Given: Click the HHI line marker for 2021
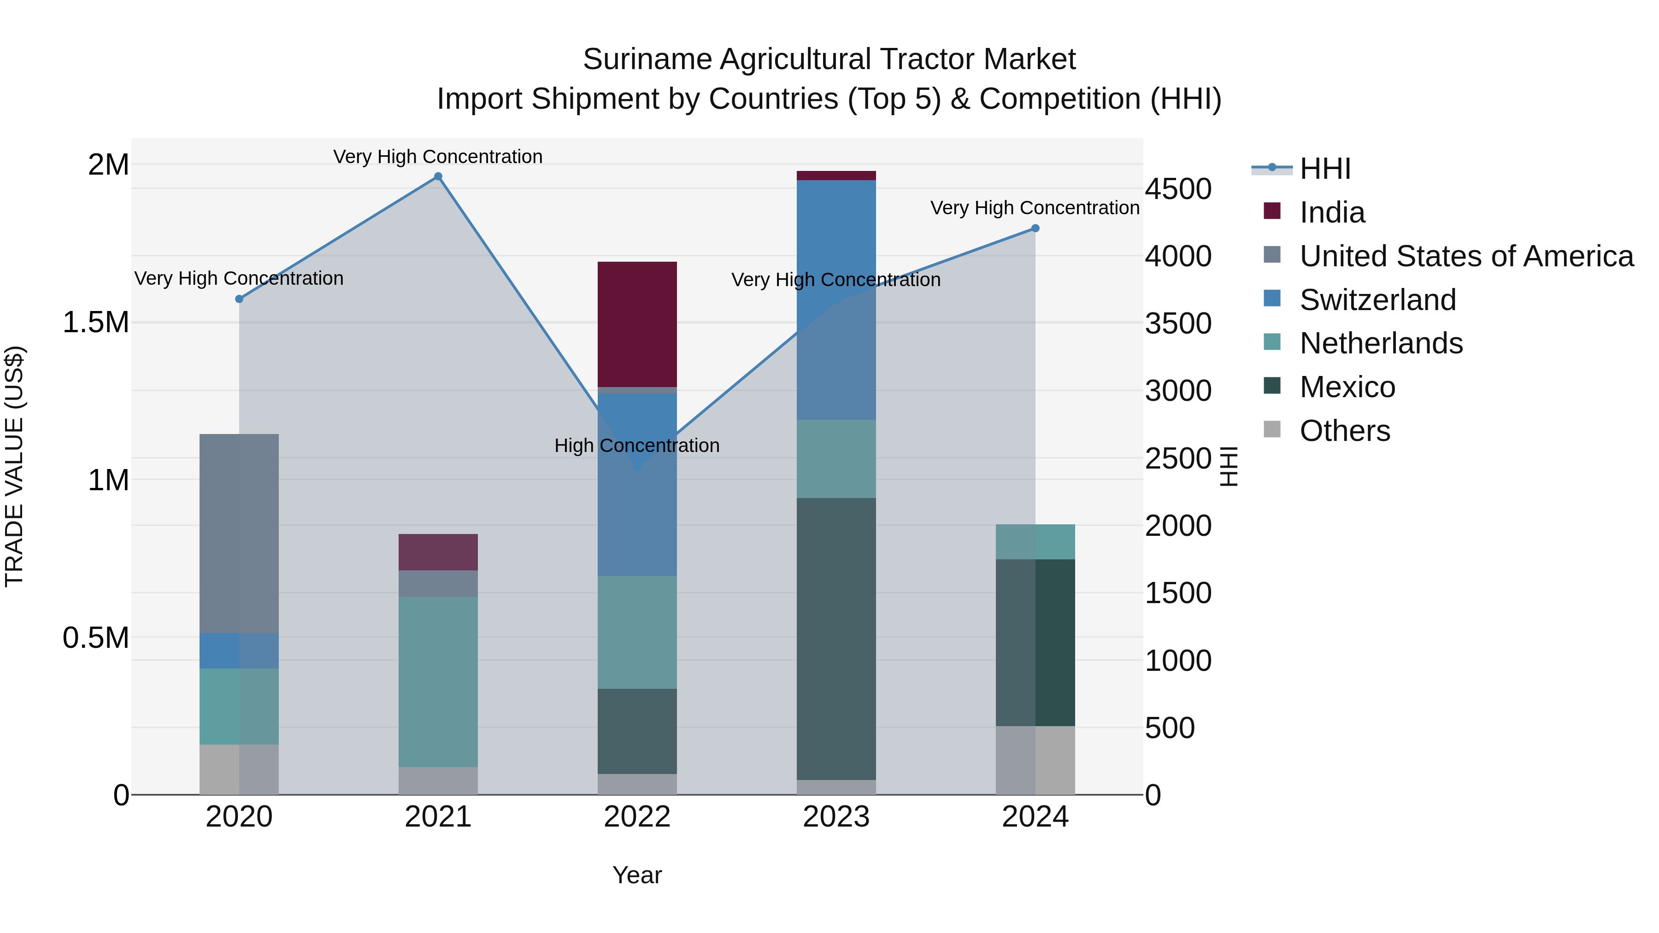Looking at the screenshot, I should tap(438, 176).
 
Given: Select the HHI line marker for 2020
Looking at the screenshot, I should tap(239, 299).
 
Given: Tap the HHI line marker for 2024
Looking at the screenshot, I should tap(1035, 228).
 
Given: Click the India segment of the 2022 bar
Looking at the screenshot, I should tap(637, 324).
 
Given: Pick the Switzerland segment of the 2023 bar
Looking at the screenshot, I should tap(836, 299).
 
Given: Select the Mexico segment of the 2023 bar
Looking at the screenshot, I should tap(836, 638).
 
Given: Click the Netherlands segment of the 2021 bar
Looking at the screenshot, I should tap(438, 681).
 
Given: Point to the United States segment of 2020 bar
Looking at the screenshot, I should tap(239, 533).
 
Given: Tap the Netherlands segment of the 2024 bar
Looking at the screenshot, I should tap(1035, 541).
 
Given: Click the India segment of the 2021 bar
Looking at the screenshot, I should tap(438, 552).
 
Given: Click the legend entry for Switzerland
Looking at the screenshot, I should tap(1377, 300).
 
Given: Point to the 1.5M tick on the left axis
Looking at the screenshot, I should tap(95, 322).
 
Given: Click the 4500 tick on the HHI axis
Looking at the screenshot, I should tap(1178, 189).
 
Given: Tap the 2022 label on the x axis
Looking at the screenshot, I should tap(637, 817).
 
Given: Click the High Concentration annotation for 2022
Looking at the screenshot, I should tap(636, 446).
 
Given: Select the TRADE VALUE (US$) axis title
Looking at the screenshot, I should tap(14, 466).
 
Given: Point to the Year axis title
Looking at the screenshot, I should tap(637, 875).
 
